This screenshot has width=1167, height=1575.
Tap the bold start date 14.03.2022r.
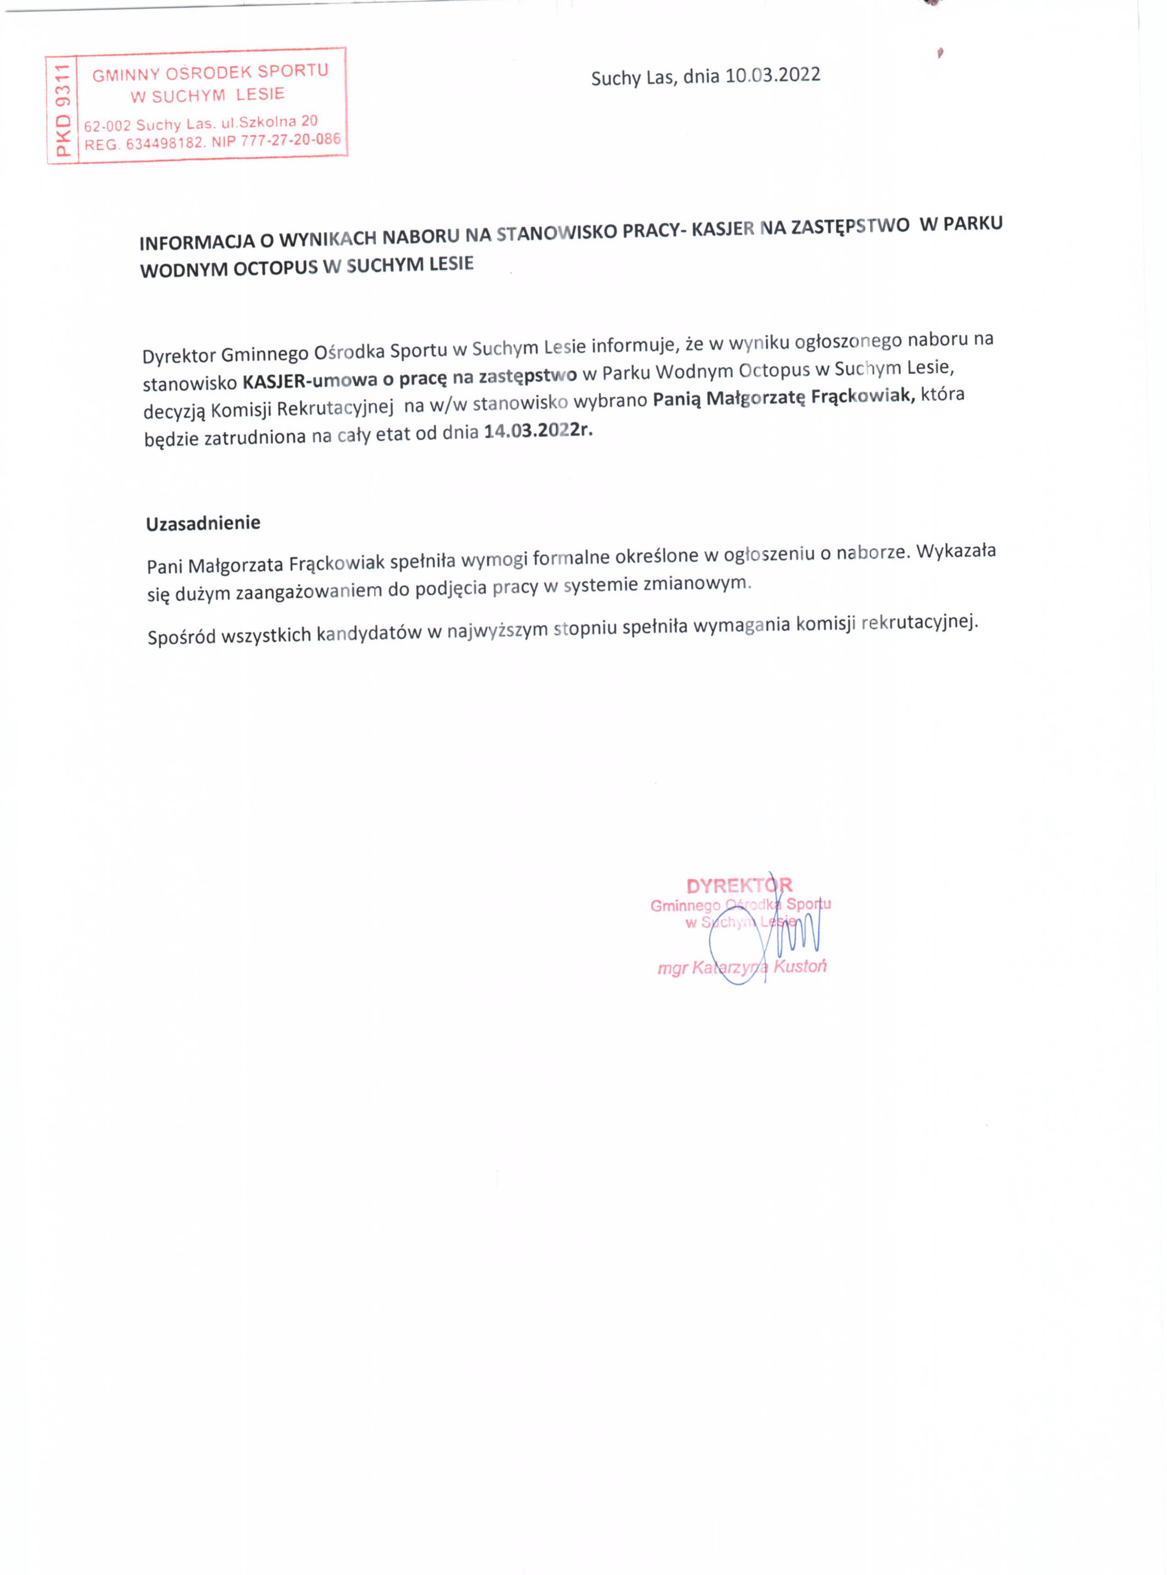coord(538,431)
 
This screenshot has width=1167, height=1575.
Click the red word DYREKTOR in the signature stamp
coord(739,885)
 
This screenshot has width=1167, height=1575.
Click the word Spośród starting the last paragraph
coord(180,637)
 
